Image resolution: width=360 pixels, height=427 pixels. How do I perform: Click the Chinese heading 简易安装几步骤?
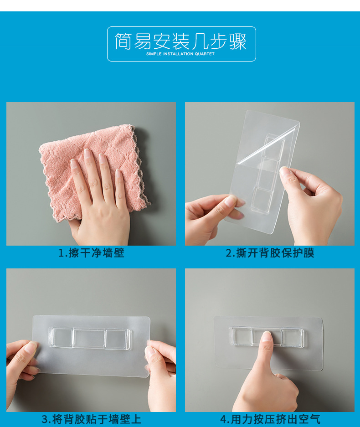tap(180, 41)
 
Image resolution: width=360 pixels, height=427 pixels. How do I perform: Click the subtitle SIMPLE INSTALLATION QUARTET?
tap(180, 54)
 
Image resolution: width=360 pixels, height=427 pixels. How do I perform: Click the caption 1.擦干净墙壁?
tap(91, 253)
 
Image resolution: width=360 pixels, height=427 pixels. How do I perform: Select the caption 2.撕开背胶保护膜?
tap(270, 253)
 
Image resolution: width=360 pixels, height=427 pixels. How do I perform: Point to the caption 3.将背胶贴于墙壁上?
tap(91, 419)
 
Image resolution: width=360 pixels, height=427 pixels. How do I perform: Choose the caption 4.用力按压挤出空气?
tap(270, 419)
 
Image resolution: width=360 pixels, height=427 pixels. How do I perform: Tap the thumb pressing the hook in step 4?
tap(266, 351)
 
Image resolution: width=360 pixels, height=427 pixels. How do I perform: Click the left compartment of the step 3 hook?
tap(61, 338)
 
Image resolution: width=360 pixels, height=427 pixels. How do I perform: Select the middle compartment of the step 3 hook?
tap(89, 339)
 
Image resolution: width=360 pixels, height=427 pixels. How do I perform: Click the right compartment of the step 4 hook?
tap(293, 338)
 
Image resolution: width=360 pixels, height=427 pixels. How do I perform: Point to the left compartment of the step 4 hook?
tap(241, 337)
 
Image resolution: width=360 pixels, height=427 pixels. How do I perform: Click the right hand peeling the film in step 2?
tap(310, 204)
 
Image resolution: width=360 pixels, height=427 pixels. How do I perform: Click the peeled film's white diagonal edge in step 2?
tap(266, 146)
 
